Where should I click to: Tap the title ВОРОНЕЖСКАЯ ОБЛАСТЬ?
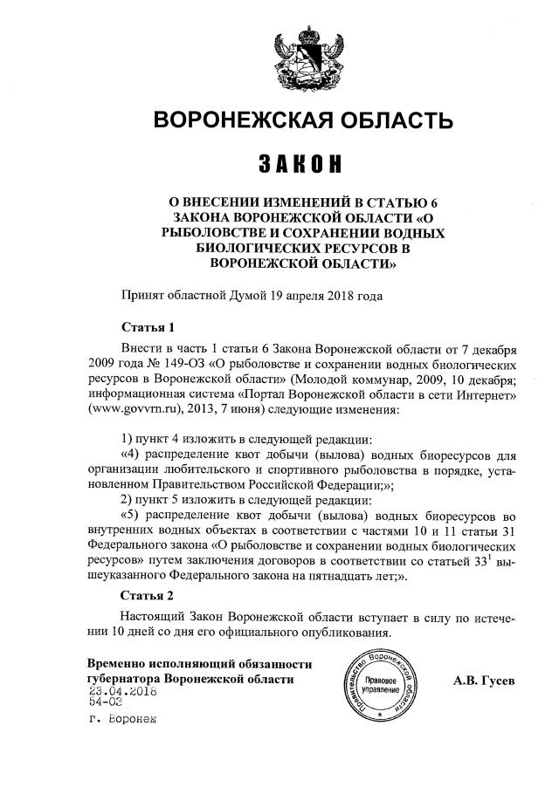(303, 120)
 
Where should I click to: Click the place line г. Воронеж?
(125, 720)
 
